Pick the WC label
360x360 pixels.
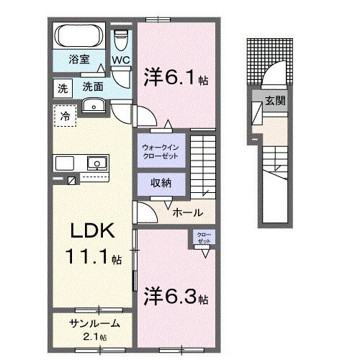pos(120,60)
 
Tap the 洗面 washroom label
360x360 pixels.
pos(91,86)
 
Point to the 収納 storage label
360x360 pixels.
pos(161,183)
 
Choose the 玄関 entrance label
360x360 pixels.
pos(274,101)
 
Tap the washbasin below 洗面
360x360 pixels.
pos(91,106)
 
